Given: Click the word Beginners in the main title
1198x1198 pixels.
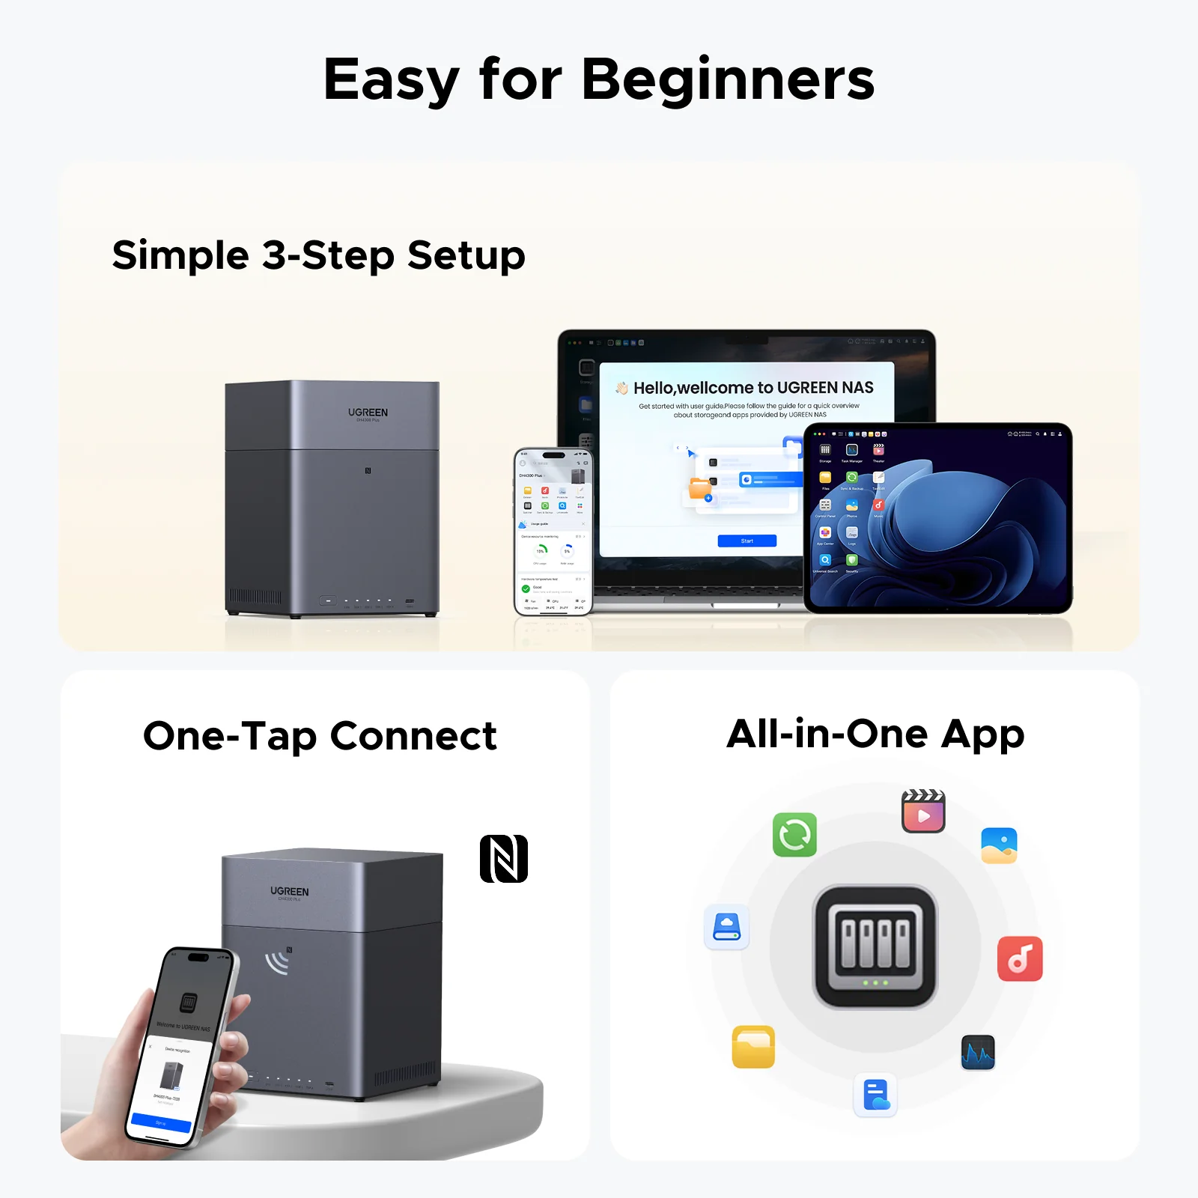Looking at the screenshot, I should coord(728,79).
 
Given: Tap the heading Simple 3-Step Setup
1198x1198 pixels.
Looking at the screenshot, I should coord(318,255).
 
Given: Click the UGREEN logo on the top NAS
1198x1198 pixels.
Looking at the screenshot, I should coord(368,413).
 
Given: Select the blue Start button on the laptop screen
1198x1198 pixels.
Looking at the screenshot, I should coord(747,541).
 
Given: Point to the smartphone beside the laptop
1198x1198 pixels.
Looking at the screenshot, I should coord(553,532).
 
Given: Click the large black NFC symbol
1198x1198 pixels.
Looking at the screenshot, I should coord(504,858).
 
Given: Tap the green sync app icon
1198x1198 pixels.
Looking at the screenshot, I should coord(794,834).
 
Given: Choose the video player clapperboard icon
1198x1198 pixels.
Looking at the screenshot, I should coord(923,812).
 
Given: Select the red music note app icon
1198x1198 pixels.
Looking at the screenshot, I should coord(1020,958).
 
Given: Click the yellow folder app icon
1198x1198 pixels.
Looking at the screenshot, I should coord(753,1046).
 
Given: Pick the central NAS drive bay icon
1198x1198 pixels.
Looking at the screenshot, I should coord(875,946).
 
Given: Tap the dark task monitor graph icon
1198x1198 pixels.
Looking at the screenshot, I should coord(978,1053).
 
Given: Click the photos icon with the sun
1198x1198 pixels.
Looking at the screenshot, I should coord(999,845).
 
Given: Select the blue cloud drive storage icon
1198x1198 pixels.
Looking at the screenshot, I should coord(726,927).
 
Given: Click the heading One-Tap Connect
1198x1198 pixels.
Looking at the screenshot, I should coord(320,736).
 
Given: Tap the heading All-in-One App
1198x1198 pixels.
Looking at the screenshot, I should coord(875,734).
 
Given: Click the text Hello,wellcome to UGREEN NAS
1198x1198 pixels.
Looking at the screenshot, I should coord(753,388).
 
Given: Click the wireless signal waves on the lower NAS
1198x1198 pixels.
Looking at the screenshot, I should coord(278,962).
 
